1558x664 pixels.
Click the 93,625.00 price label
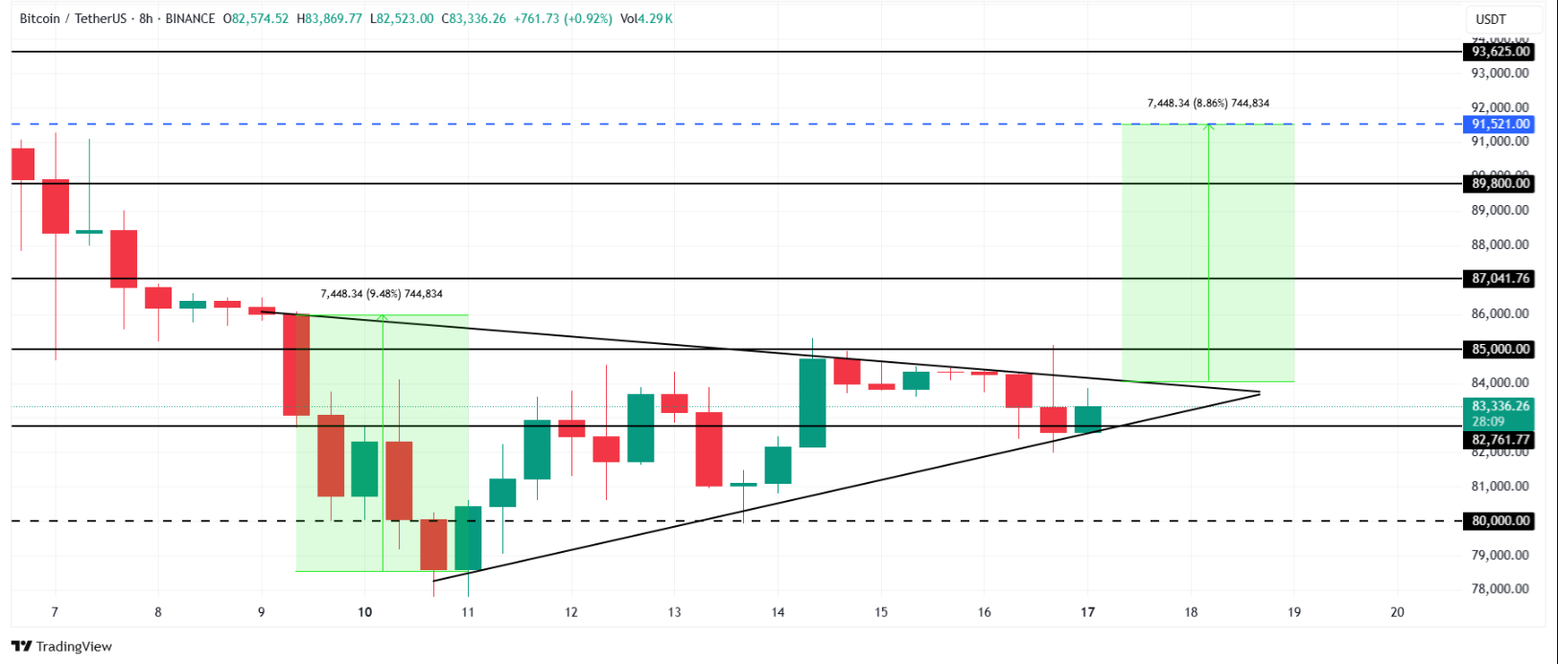[x=1500, y=52]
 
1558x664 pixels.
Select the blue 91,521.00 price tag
[x=1500, y=124]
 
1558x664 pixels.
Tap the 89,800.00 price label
[x=1500, y=183]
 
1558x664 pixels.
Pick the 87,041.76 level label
[x=1500, y=279]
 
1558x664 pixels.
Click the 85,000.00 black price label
[x=1500, y=349]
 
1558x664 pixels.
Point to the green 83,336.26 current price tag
[x=1500, y=406]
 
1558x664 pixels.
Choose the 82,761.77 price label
[x=1500, y=440]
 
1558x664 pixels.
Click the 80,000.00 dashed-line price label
[x=1500, y=521]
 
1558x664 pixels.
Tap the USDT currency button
[x=1490, y=19]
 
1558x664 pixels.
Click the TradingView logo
[x=62, y=647]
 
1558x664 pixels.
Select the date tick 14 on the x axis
[x=778, y=612]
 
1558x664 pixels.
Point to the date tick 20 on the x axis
[x=1397, y=612]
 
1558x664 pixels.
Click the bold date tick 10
[x=364, y=612]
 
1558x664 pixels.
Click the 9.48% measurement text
[x=381, y=294]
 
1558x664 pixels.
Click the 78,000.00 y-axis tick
[x=1500, y=589]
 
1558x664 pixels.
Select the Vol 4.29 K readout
[x=646, y=18]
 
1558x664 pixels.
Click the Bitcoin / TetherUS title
[x=73, y=18]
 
